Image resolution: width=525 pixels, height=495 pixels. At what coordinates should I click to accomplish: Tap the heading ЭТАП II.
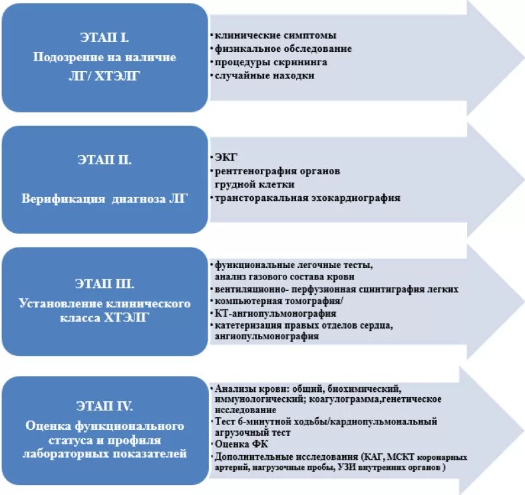point(105,160)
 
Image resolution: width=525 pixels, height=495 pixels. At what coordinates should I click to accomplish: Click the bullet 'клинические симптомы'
point(275,35)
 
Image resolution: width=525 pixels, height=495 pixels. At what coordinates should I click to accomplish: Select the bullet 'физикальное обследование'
point(283,49)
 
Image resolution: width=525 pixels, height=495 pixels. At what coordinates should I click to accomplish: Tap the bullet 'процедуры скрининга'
point(271,62)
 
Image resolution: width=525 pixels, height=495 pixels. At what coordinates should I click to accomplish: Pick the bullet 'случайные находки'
point(265,75)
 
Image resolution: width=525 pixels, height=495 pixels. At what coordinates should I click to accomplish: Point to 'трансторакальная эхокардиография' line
point(307,198)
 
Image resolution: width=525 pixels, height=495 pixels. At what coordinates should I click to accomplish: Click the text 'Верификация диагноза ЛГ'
point(105,198)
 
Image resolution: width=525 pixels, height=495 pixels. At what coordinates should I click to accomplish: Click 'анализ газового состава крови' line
point(285,276)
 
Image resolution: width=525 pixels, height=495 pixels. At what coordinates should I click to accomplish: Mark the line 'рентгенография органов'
point(277,171)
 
